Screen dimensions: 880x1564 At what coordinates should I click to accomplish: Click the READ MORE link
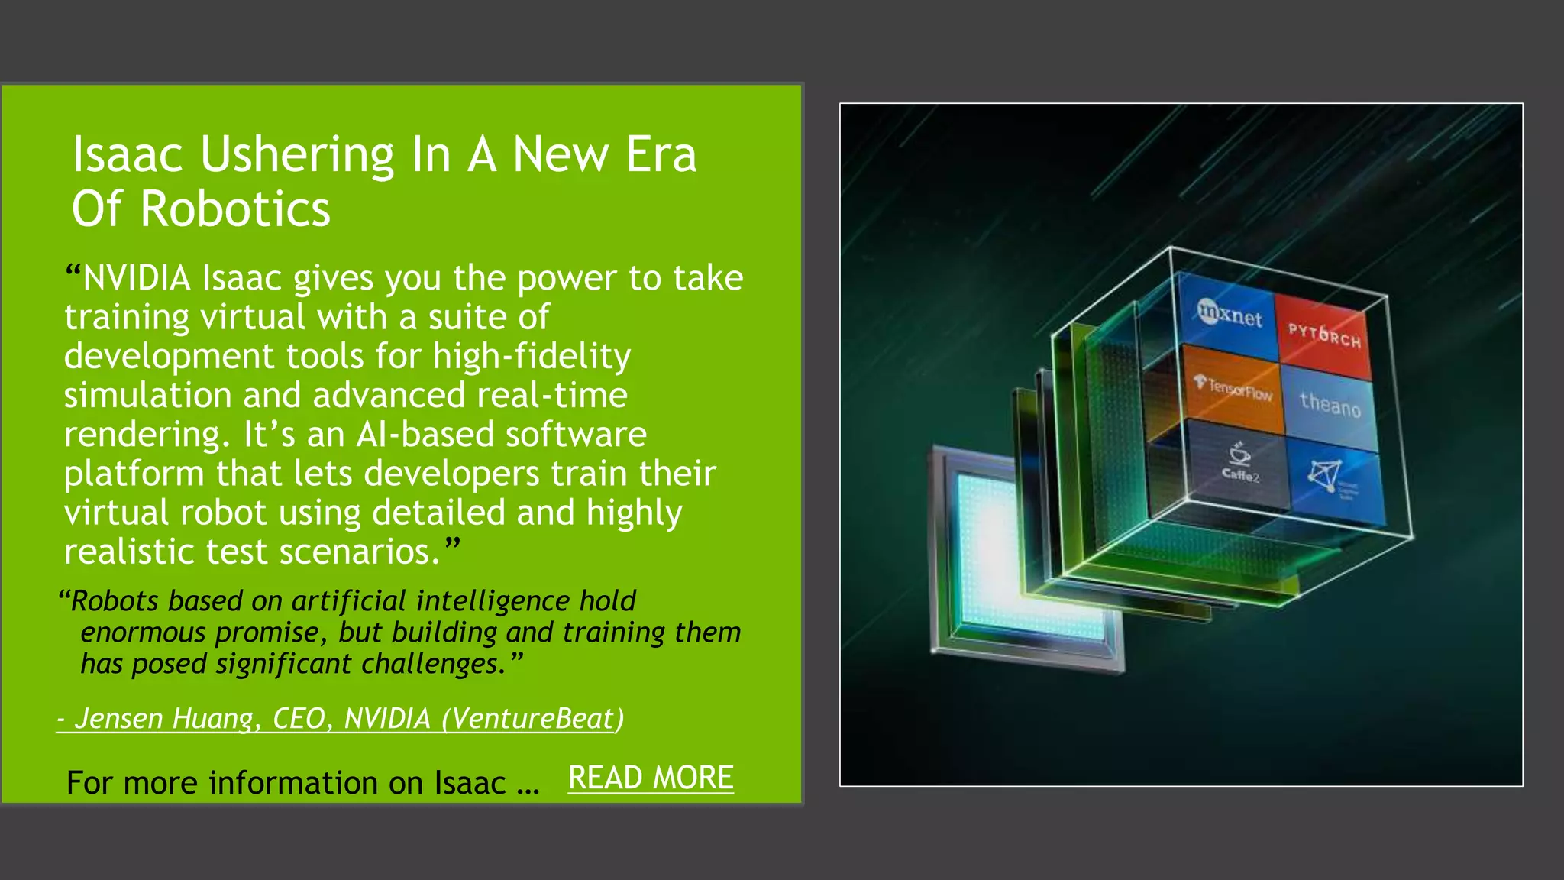651,778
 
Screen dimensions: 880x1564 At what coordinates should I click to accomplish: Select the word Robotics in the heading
235,209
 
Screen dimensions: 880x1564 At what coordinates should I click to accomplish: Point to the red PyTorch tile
1324,335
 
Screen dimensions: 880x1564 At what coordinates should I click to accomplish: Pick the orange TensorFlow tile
1233,388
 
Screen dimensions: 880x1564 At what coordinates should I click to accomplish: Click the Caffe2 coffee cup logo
1239,455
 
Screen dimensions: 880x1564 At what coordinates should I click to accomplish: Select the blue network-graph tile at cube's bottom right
1333,479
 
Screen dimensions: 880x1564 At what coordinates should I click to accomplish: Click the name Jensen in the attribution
118,719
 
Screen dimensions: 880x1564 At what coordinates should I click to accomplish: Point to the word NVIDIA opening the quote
137,278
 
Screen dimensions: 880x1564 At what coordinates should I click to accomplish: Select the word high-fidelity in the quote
532,357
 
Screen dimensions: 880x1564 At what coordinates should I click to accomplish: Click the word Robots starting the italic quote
115,601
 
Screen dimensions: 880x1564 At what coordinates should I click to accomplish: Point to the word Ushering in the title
297,155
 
